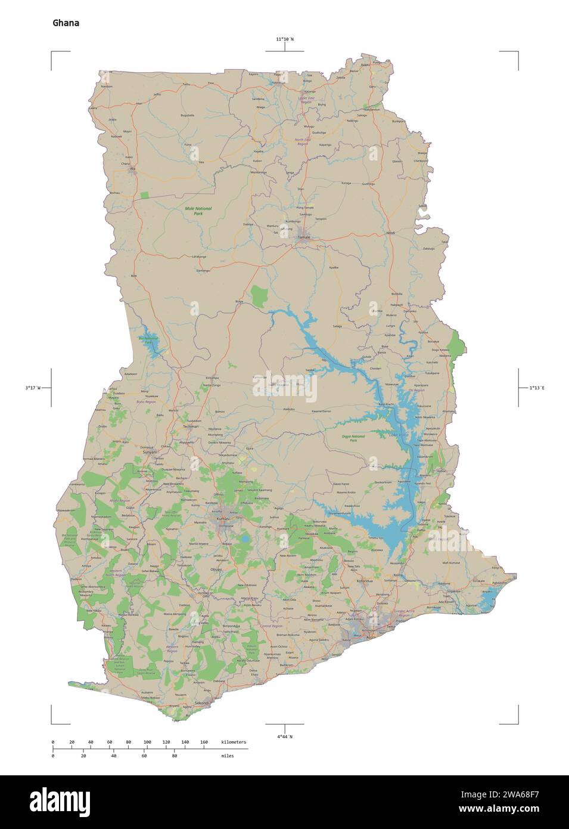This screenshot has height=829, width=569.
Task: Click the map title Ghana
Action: (x=66, y=23)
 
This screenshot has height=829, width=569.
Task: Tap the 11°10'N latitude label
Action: (x=284, y=39)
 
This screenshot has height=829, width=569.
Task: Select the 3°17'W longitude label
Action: (x=33, y=388)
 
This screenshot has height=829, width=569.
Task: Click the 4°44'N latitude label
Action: (x=284, y=737)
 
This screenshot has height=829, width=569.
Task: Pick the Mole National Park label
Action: (x=198, y=211)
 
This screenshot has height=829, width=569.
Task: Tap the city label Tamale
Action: (x=304, y=237)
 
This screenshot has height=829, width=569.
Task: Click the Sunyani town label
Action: (x=149, y=452)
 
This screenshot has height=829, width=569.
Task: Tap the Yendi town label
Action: (x=391, y=233)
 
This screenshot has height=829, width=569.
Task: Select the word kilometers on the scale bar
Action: (x=233, y=742)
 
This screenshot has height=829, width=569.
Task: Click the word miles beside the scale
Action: (x=226, y=756)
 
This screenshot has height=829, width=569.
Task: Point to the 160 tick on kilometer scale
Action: (x=204, y=742)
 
